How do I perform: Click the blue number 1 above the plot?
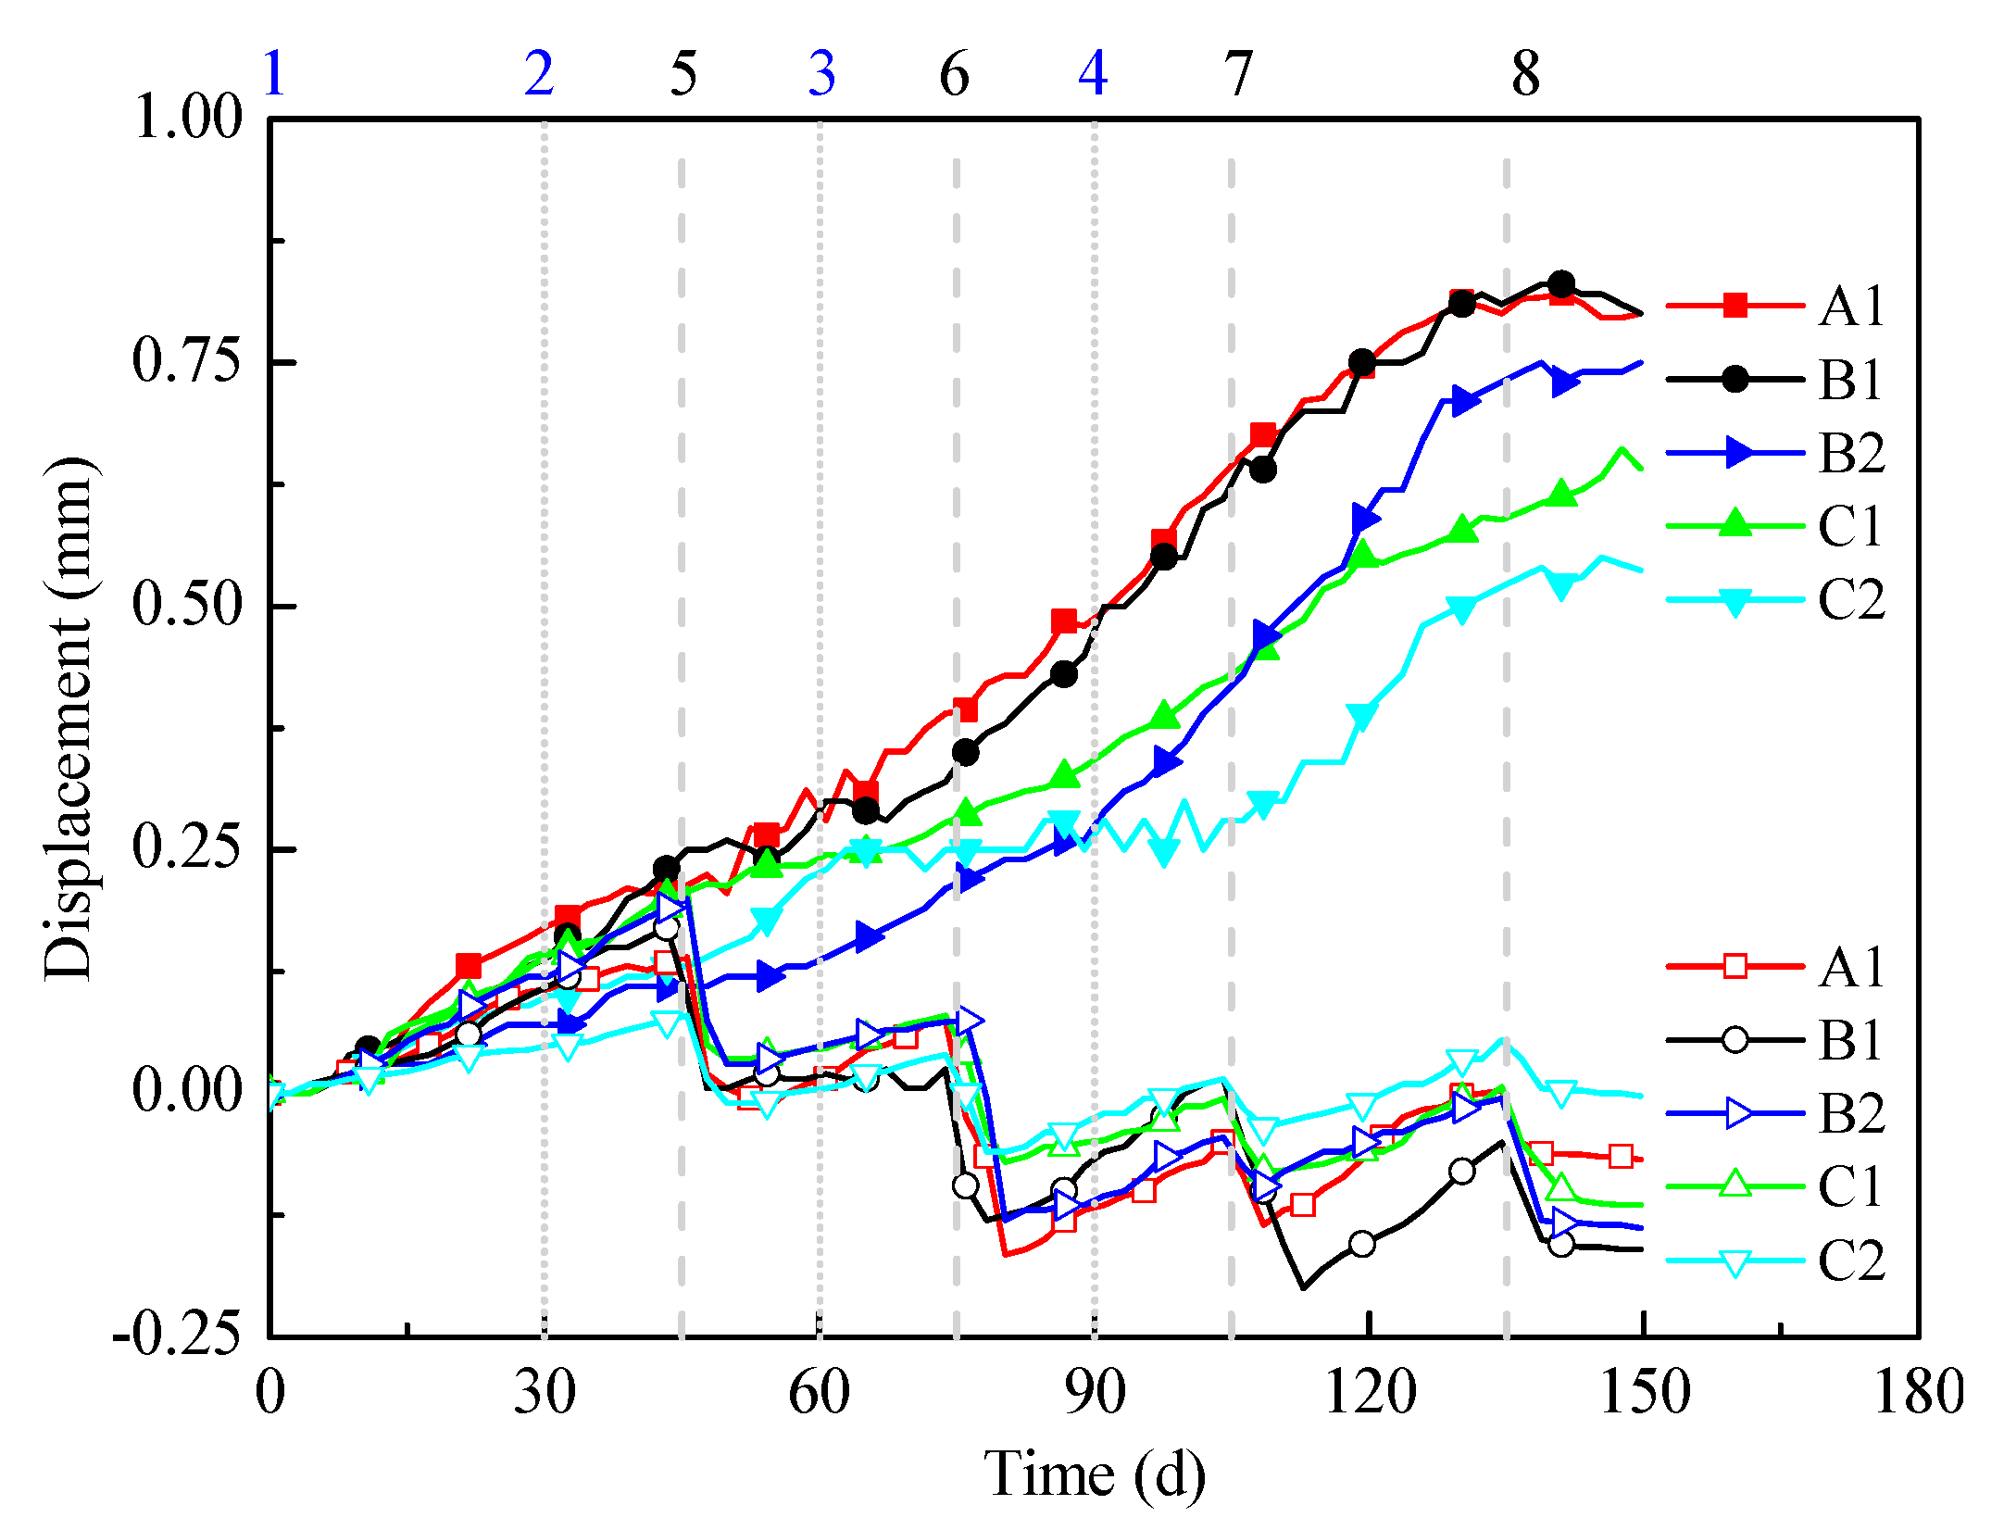coord(274,73)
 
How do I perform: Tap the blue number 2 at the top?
coord(539,73)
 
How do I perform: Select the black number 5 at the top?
coord(683,74)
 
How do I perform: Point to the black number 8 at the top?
coord(1526,74)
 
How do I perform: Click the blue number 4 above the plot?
coord(1094,73)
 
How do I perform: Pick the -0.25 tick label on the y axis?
coord(177,1335)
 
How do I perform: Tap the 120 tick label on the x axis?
coord(1370,1392)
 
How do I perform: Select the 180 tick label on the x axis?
coord(1919,1392)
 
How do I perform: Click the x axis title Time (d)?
coord(1095,1474)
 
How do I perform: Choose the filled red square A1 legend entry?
coord(1778,306)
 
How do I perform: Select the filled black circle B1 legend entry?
coord(1778,379)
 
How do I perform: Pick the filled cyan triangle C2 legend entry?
coord(1778,600)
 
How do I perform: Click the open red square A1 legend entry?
coord(1778,966)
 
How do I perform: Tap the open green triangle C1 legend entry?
coord(1778,1186)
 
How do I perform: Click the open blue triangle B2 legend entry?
coord(1778,1113)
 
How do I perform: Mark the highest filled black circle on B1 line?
coord(1561,283)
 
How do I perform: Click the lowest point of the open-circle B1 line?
coord(1304,1288)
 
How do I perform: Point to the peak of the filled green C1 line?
coord(1622,449)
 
